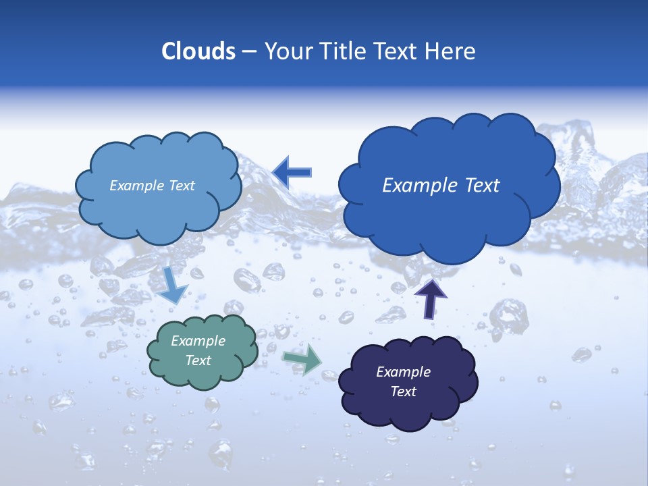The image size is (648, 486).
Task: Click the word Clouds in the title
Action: tap(198, 51)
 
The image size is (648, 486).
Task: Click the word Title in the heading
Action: tap(343, 51)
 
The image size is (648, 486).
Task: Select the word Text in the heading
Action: tap(398, 51)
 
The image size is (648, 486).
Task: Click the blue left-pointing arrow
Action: tap(292, 172)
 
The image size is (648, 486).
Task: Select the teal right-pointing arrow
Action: tap(302, 359)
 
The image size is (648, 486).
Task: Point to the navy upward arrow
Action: tap(430, 298)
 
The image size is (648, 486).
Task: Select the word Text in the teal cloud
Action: tap(198, 360)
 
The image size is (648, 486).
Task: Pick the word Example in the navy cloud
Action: tap(403, 372)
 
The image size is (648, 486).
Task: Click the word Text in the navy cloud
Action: tap(403, 391)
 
